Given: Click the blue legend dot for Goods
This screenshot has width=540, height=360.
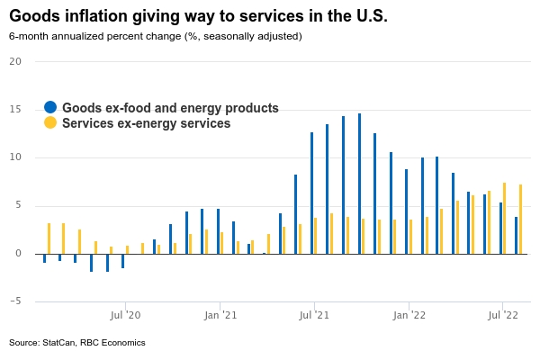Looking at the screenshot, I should [50, 108].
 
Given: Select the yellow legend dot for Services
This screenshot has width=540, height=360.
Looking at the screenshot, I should [50, 123].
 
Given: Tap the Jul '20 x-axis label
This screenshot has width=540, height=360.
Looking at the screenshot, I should [125, 315].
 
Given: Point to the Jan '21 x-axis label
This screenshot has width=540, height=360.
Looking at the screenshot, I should [220, 315].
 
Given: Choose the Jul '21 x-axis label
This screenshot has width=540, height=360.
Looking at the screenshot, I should [315, 315].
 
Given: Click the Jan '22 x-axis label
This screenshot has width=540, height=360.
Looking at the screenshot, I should [409, 315].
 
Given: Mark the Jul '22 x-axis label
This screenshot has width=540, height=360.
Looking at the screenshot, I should [503, 315].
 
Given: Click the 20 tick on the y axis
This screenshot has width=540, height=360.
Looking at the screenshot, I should [15, 61].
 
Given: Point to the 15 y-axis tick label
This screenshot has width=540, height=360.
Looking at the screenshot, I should [15, 110].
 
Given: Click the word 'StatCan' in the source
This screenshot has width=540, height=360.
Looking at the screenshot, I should [58, 343].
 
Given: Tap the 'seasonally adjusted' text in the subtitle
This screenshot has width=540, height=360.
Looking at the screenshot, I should [254, 36].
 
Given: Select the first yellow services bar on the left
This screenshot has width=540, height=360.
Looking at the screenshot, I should [49, 238].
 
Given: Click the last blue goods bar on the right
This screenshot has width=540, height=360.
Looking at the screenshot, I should [516, 235].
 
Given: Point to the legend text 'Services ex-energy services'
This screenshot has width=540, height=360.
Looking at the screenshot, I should [146, 123].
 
